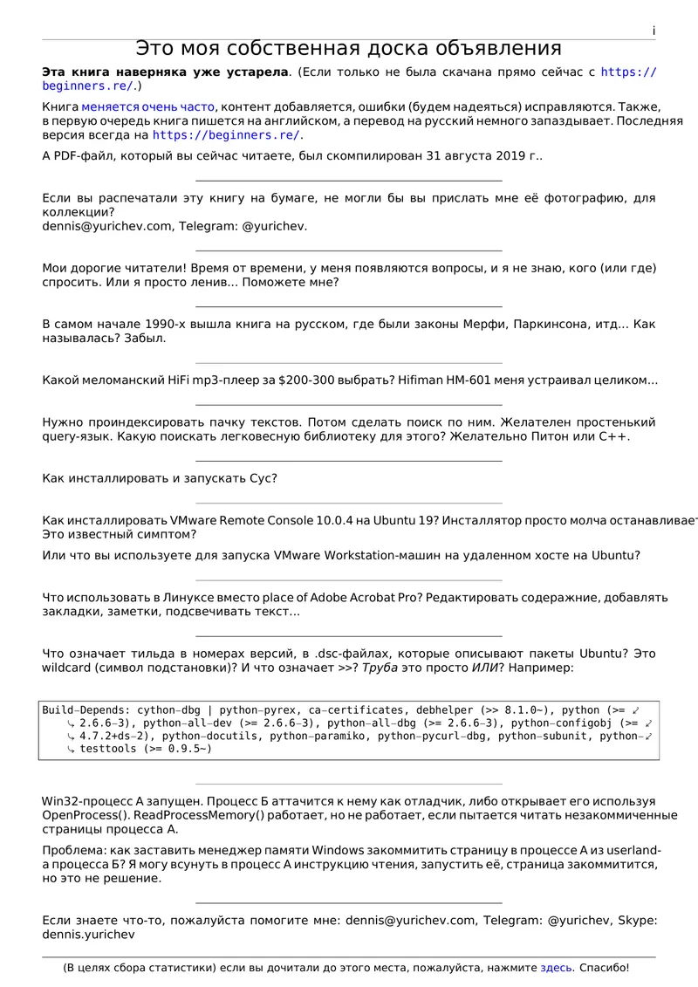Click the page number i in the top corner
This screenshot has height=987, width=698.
[x=654, y=31]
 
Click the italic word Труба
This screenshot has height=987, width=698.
[x=381, y=668]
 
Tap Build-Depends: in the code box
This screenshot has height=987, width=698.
[x=85, y=710]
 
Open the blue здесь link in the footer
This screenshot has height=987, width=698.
[x=557, y=968]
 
